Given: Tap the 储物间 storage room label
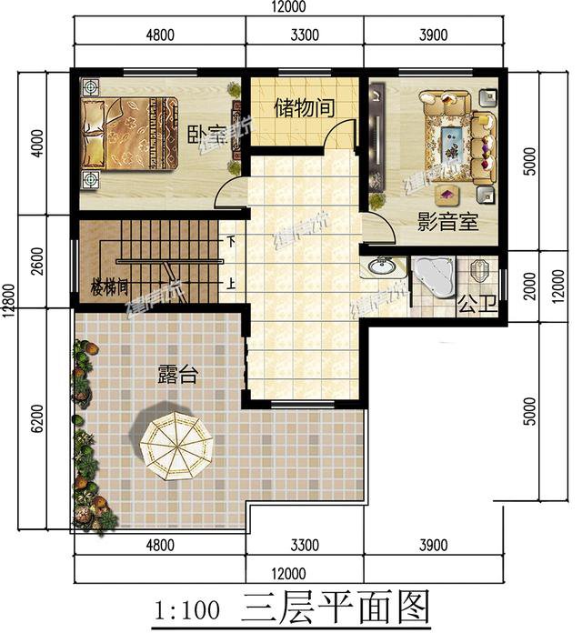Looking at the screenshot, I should coord(304,107).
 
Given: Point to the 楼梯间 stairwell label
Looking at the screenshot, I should coord(109,287).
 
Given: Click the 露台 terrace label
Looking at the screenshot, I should coord(176,374).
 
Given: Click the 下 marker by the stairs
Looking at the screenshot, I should coord(232,242).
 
